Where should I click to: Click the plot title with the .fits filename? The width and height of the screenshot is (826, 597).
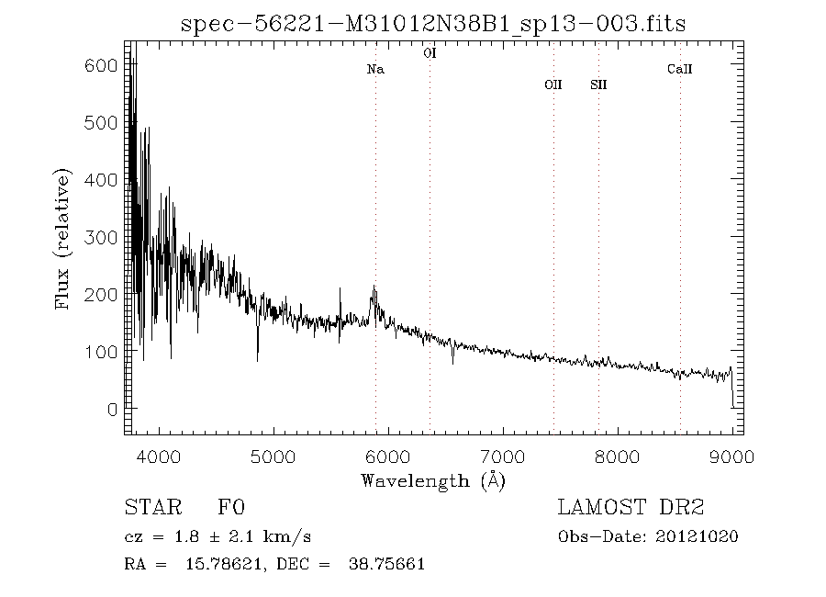coord(434,23)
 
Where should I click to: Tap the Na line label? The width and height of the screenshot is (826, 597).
coord(375,69)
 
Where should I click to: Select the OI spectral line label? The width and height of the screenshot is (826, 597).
coord(430,54)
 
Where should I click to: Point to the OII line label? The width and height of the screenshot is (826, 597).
coord(553,84)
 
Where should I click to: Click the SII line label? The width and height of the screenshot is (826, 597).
coord(598,84)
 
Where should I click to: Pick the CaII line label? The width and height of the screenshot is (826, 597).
coord(680,69)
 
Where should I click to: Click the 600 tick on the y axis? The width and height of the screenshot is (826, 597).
coord(106,66)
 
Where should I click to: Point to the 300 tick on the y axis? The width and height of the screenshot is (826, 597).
coord(106,238)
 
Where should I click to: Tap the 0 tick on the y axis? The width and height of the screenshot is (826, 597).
coord(112,410)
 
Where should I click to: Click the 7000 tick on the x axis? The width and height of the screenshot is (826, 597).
coord(503,455)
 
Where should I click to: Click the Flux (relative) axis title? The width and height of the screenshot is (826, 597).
coord(63,238)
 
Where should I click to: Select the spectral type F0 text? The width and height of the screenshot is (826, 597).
coord(230,507)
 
